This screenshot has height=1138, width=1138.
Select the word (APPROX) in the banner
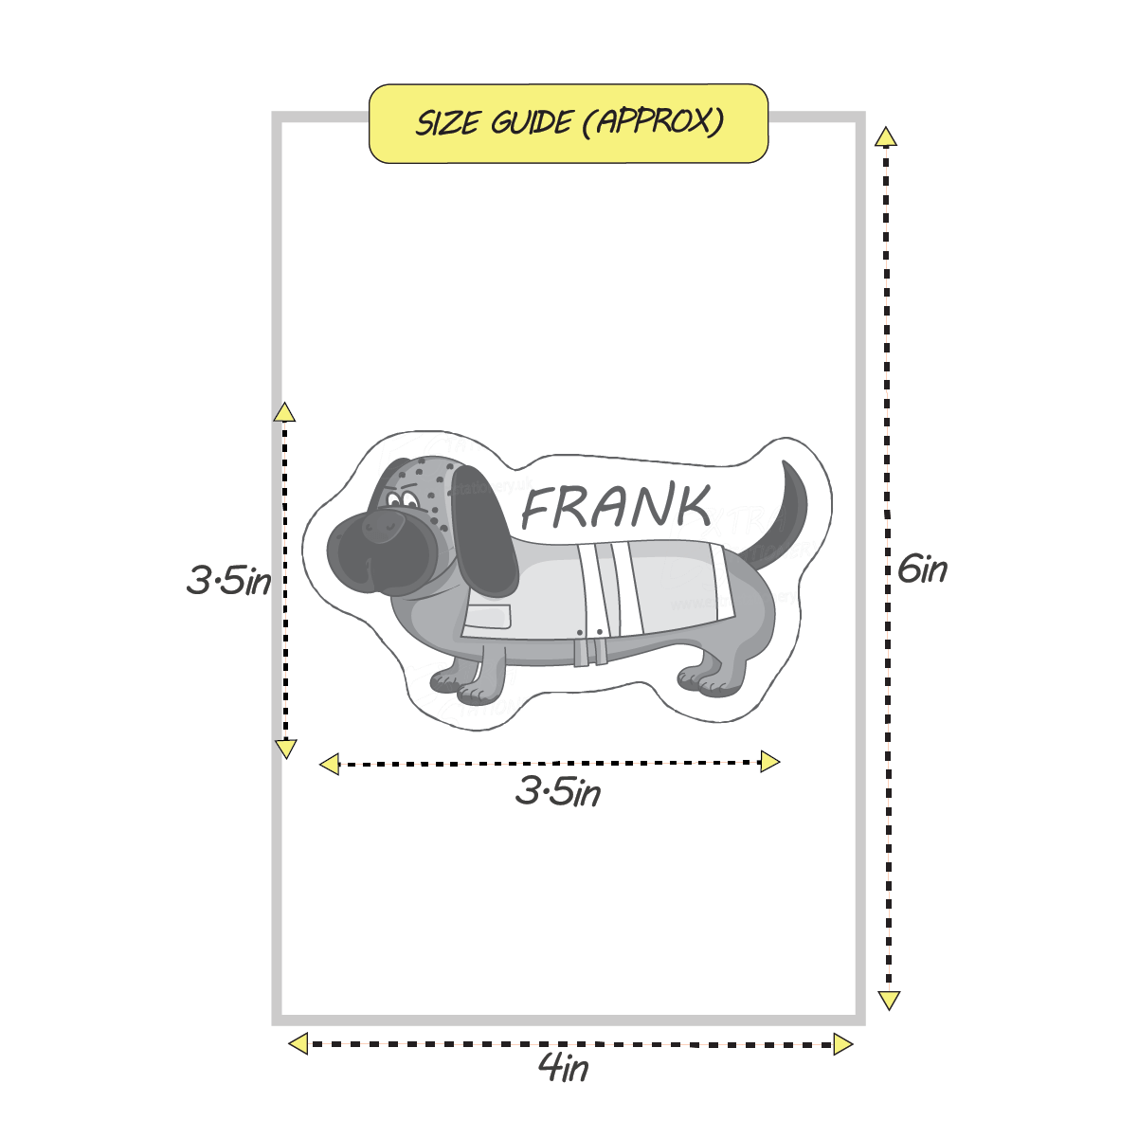click(x=654, y=122)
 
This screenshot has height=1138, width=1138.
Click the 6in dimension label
click(x=921, y=569)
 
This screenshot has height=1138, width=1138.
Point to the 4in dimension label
click(x=564, y=1069)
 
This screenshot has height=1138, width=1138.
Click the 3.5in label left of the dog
click(x=228, y=580)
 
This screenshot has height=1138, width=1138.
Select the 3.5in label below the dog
click(x=558, y=791)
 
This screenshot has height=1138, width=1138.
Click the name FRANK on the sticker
click(x=617, y=508)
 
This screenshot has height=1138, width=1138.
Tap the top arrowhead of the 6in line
click(x=886, y=137)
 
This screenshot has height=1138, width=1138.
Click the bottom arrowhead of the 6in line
click(x=888, y=1000)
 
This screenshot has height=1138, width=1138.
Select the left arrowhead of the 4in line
click(x=298, y=1044)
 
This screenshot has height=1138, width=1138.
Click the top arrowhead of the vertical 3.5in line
click(x=284, y=412)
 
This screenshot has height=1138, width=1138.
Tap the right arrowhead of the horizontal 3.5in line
click(x=769, y=762)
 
